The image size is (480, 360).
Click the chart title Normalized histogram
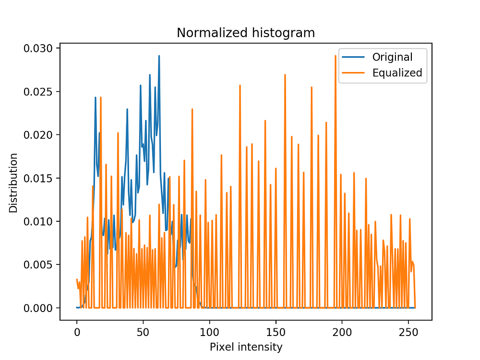pyautogui.click(x=246, y=33)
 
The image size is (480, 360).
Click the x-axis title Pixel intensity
pyautogui.click(x=246, y=347)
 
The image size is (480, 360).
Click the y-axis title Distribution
pyautogui.click(x=13, y=183)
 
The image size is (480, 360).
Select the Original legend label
pyautogui.click(x=392, y=57)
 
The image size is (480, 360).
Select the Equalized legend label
pyautogui.click(x=397, y=73)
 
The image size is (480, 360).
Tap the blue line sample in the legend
pyautogui.click(x=354, y=58)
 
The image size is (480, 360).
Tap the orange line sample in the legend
pyautogui.click(x=354, y=73)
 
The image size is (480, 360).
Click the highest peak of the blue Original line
pyautogui.click(x=159, y=56)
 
